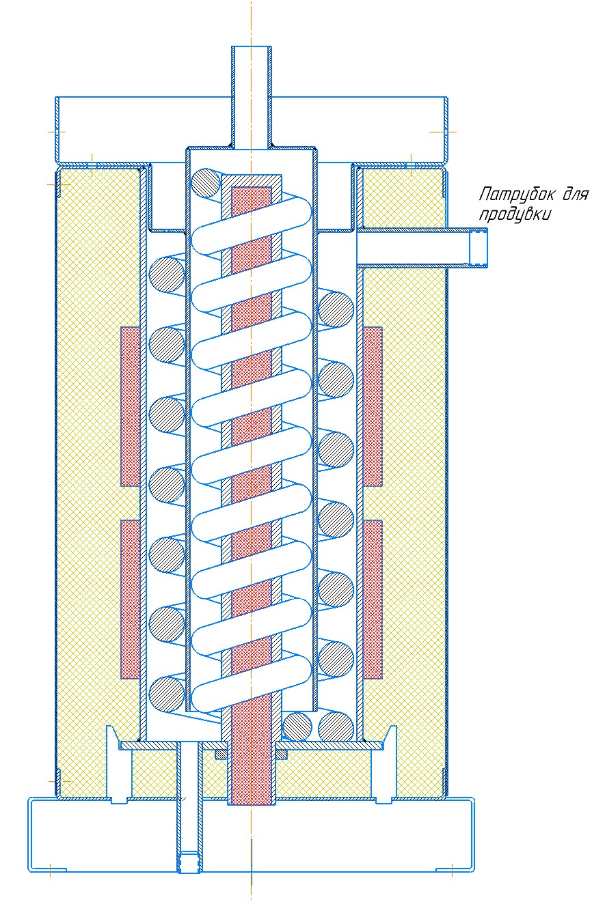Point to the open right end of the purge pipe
point(479,248)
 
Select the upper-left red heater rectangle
point(130,406)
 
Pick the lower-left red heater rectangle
point(130,599)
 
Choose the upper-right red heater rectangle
point(373,406)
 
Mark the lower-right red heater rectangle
point(373,599)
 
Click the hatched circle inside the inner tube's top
point(206,184)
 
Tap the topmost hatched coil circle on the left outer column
point(167,274)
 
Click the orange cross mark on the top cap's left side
point(56,130)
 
